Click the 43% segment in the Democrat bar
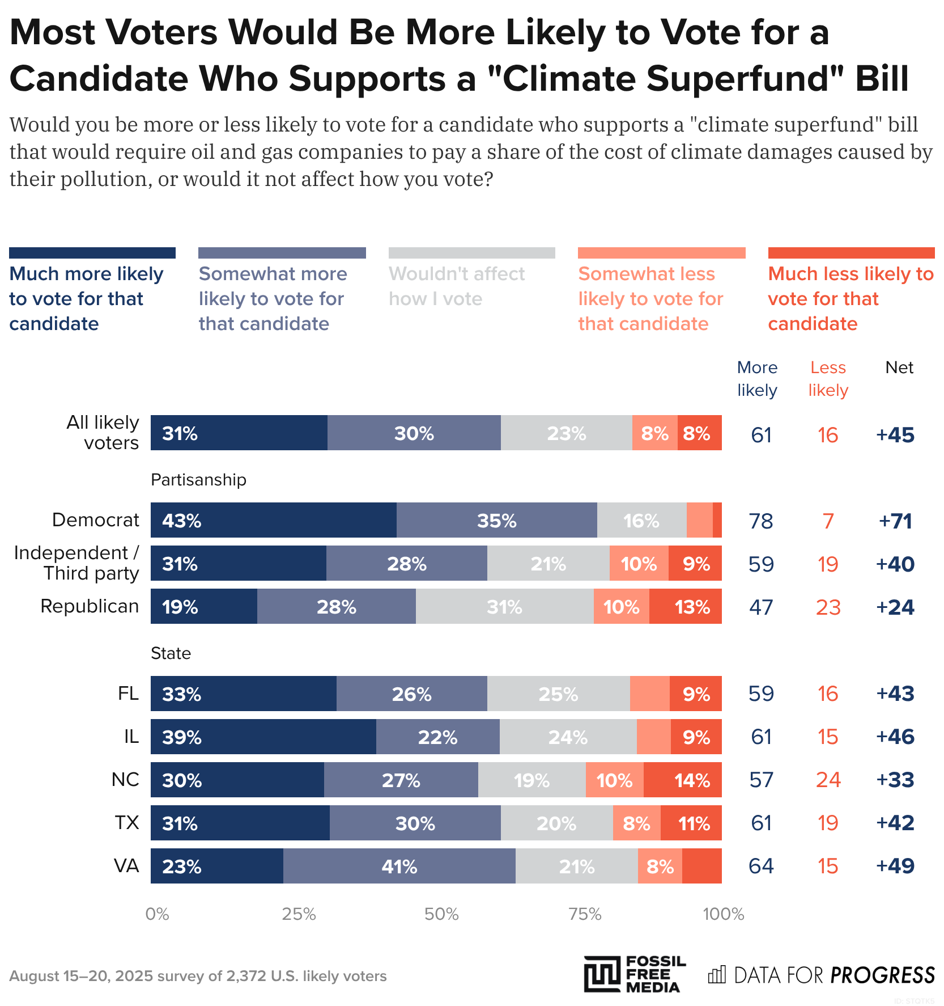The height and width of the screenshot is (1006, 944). tap(273, 520)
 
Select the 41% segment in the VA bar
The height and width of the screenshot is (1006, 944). tap(399, 866)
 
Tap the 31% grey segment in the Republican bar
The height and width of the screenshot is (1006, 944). tap(504, 607)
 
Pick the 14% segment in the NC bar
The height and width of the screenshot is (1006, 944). tap(682, 780)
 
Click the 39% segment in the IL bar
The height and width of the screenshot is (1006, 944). tap(263, 737)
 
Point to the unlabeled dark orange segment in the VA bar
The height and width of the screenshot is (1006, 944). tap(701, 866)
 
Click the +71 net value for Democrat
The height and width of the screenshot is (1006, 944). tap(895, 521)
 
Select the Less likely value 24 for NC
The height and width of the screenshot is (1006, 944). tap(828, 780)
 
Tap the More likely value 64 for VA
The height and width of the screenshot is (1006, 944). tap(761, 866)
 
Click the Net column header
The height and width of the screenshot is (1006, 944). tap(899, 367)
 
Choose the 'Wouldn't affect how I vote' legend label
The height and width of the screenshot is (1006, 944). tap(457, 286)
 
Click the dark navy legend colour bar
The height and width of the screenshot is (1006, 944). tap(92, 253)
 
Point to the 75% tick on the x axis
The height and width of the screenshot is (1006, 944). tap(584, 914)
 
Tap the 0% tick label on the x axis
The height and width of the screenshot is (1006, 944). tap(157, 914)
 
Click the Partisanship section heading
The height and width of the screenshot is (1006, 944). tap(198, 480)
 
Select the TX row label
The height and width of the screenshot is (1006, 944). tap(127, 822)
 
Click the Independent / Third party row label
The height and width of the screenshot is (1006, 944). tap(76, 563)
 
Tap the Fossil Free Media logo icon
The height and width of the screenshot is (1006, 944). tap(602, 974)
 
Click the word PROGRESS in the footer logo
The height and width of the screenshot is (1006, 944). tap(882, 975)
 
